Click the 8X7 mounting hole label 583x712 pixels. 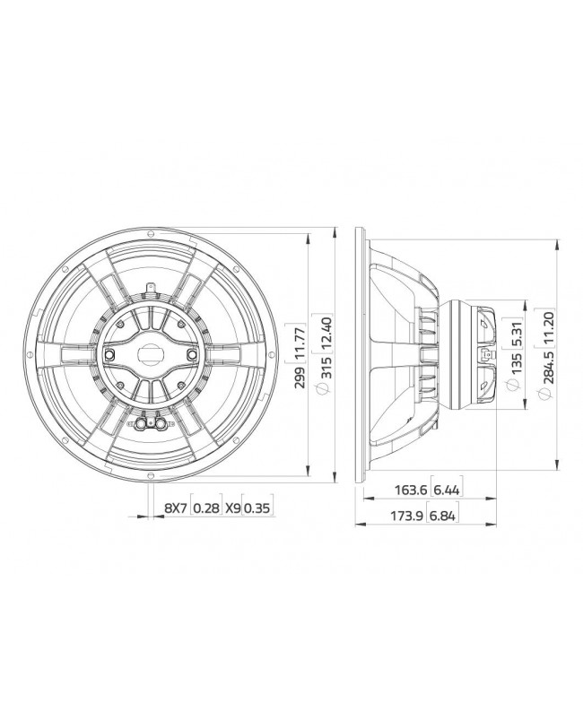click(175, 508)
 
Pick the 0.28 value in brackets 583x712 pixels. click(207, 508)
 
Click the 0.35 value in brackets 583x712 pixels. click(257, 508)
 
